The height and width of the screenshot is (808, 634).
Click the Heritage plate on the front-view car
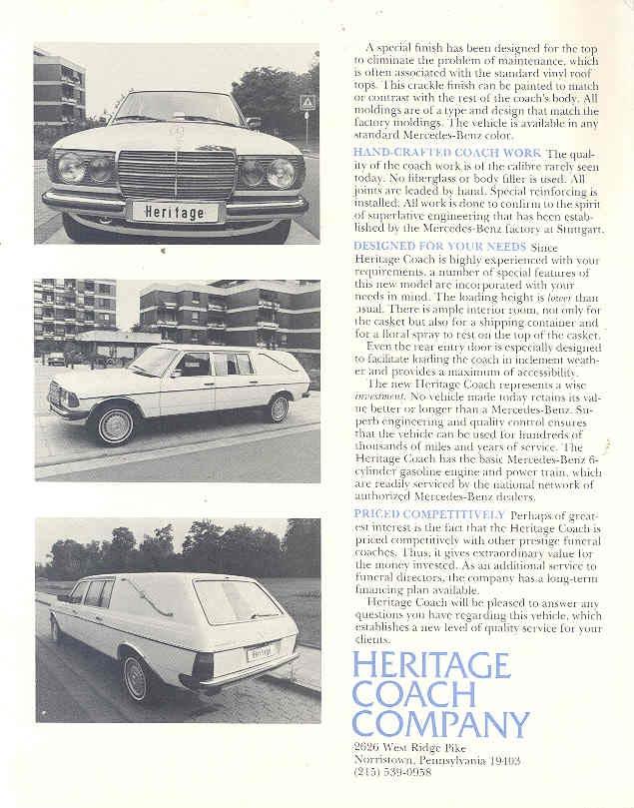pos(174,212)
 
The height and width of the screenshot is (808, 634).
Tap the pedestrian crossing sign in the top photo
pos(308,103)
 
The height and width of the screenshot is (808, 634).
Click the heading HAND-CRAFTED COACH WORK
pos(446,152)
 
